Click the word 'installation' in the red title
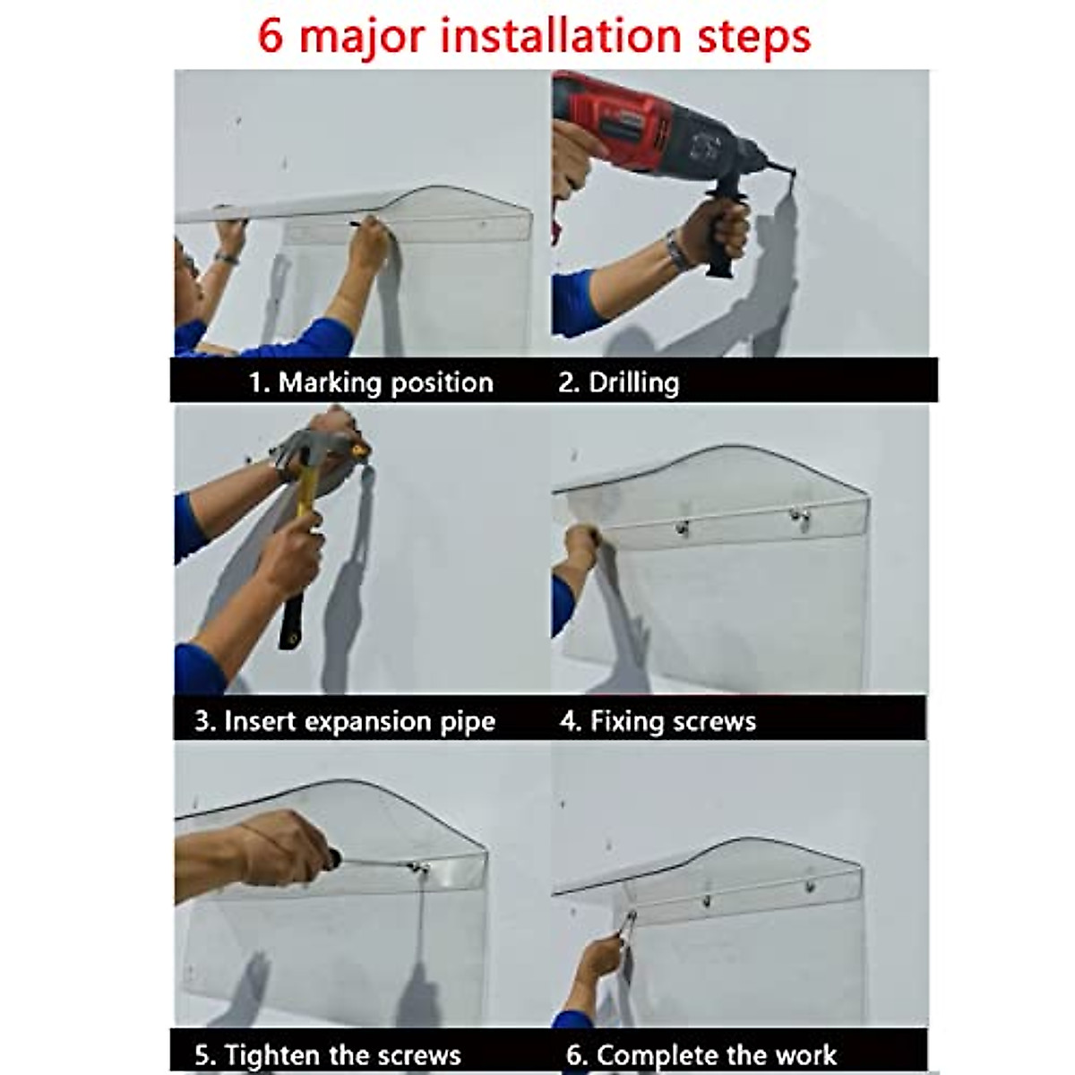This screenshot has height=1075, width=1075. click(561, 36)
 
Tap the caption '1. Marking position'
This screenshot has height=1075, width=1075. click(371, 383)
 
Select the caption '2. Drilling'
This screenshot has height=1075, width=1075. click(619, 383)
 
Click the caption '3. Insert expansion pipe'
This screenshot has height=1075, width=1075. click(345, 721)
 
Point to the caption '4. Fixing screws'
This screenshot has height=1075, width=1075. click(658, 721)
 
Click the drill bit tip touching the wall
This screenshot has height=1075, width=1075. click(791, 175)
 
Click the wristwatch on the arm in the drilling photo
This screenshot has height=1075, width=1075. click(676, 251)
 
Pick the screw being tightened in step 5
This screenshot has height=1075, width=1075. click(418, 868)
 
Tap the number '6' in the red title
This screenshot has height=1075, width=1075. click(271, 37)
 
